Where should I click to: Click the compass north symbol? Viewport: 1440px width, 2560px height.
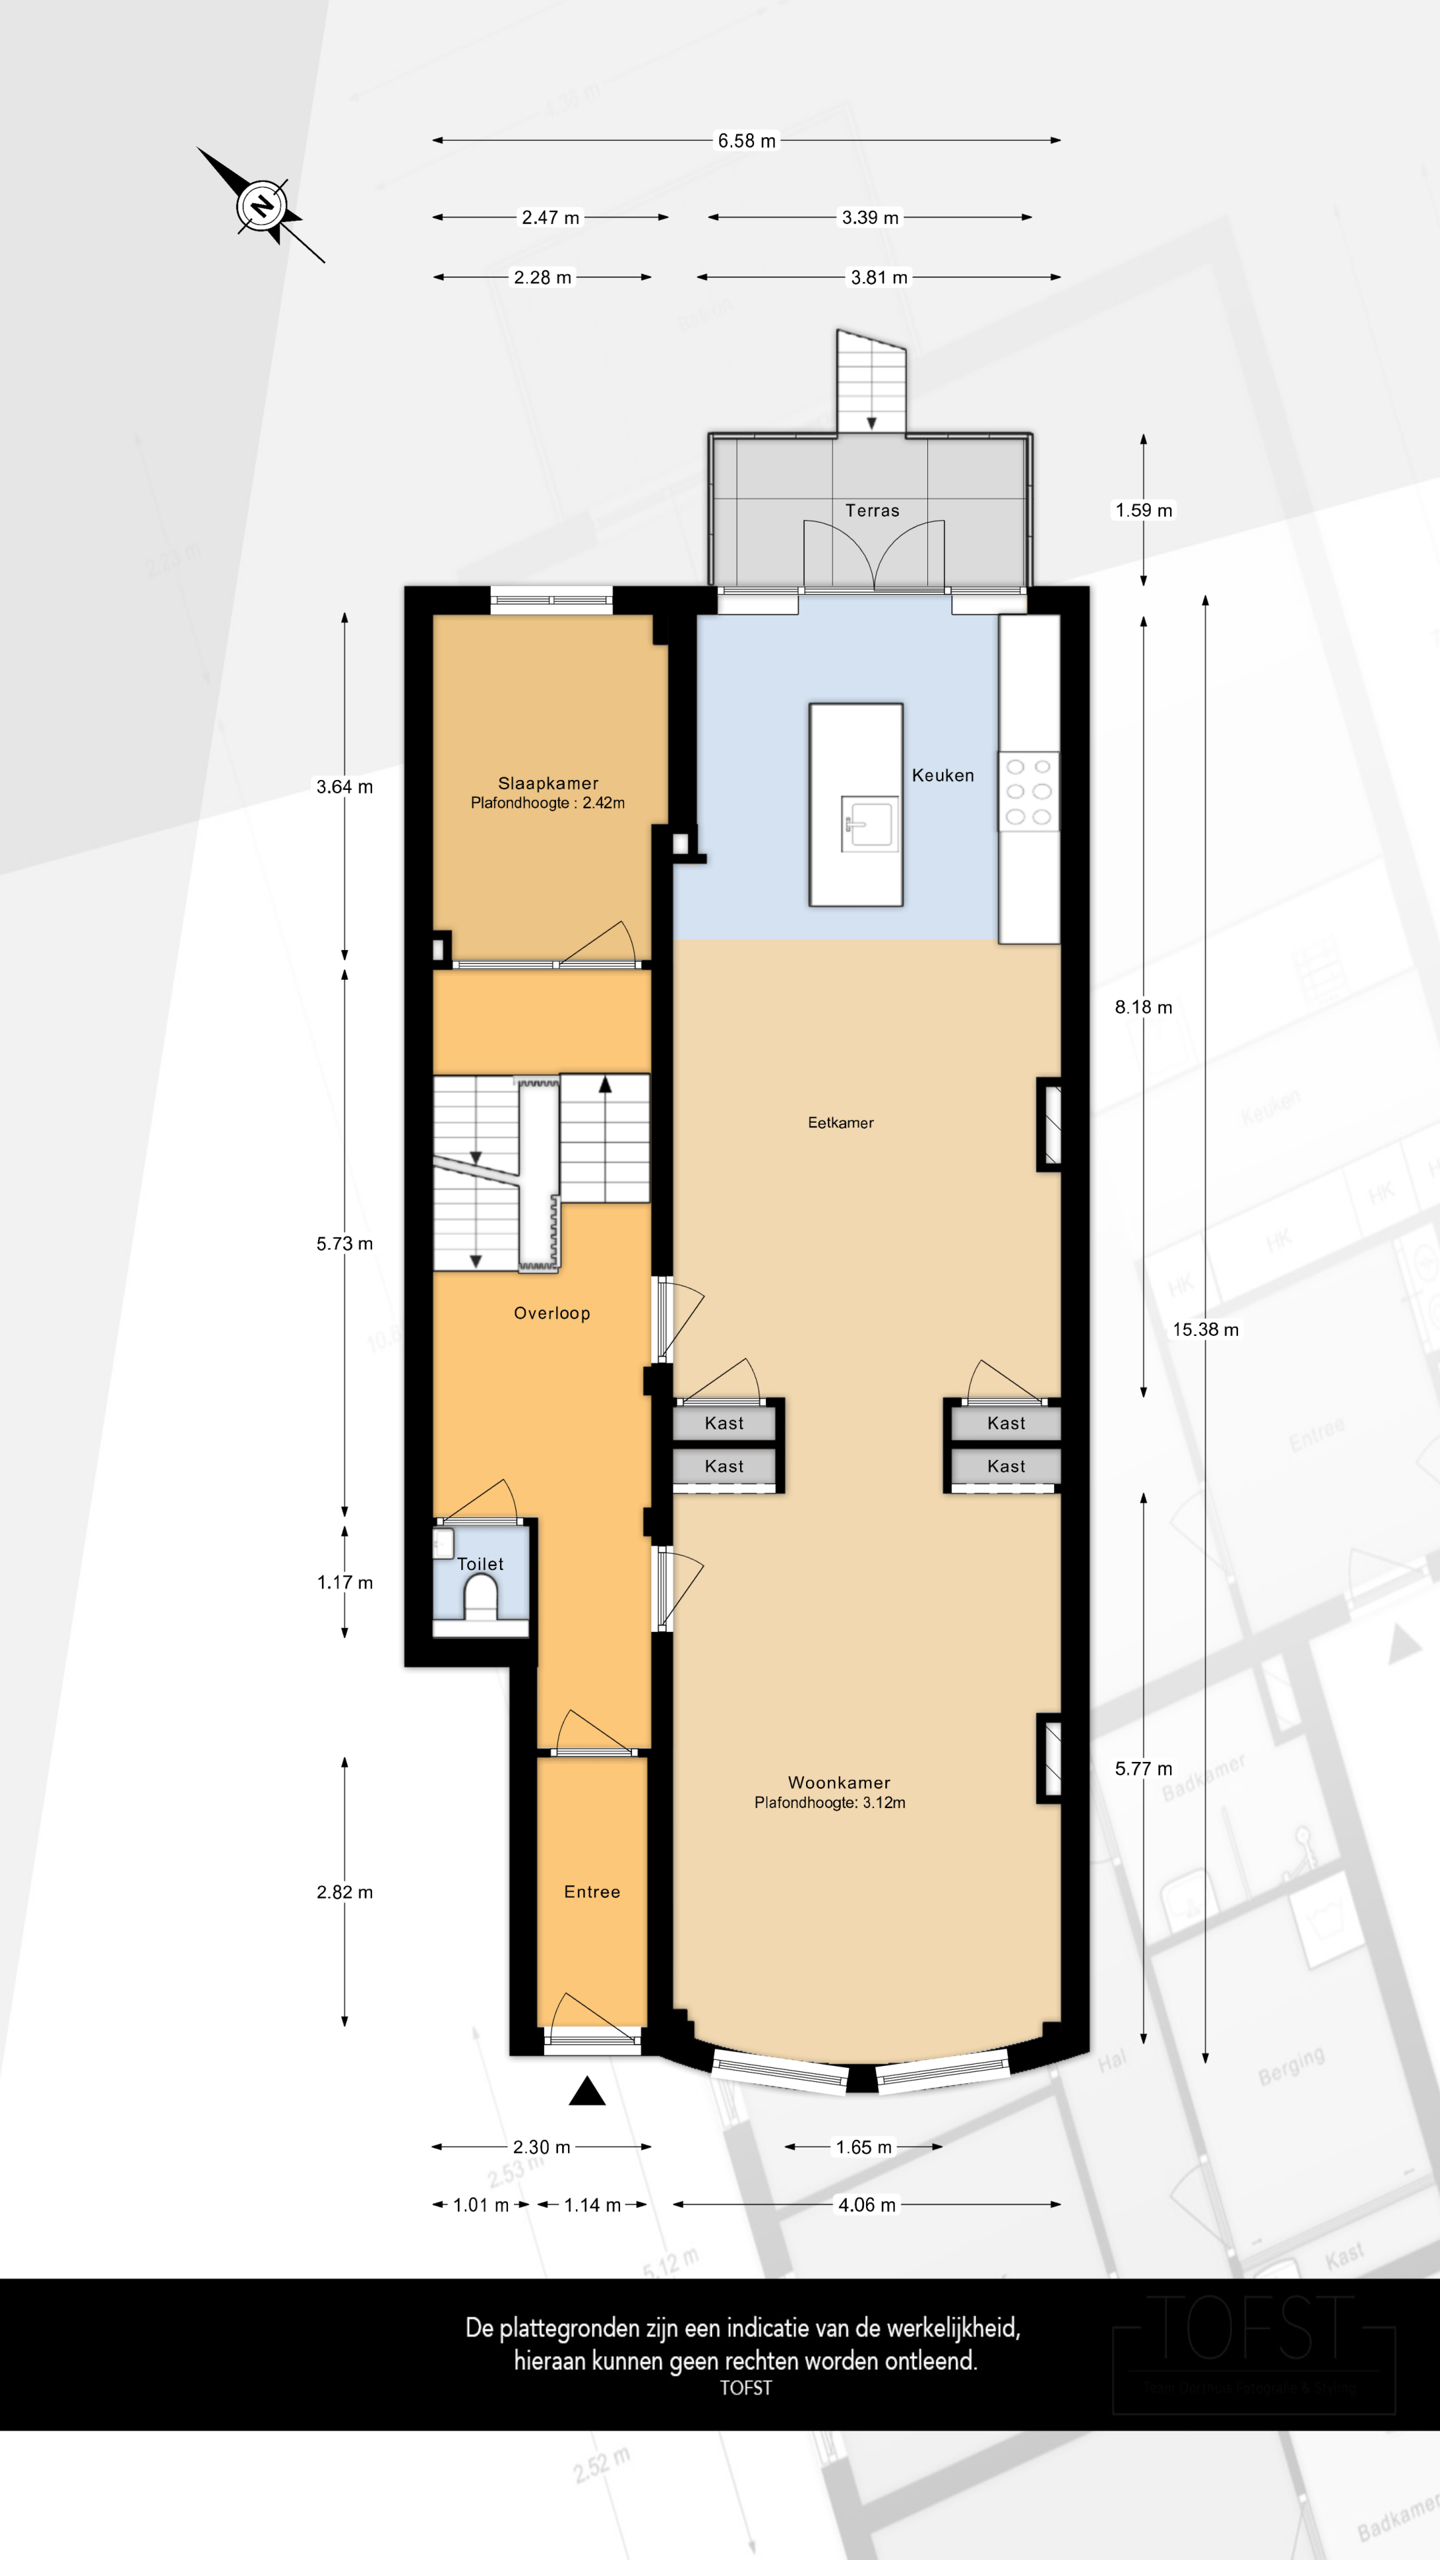click(x=262, y=207)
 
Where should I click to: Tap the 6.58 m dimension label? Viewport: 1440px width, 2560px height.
click(x=746, y=141)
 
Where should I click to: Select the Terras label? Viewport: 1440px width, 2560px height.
click(x=872, y=511)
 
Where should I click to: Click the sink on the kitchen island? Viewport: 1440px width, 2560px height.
click(x=868, y=823)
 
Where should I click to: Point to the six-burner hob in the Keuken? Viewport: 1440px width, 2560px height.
click(x=1029, y=792)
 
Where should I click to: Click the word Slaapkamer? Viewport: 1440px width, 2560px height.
click(x=548, y=783)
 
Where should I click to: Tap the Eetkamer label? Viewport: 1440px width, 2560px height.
click(x=840, y=1123)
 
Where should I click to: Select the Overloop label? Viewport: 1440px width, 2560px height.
click(x=552, y=1313)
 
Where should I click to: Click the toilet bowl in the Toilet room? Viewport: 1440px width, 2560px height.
click(x=481, y=1597)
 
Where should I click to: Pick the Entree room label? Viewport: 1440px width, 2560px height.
click(x=592, y=1892)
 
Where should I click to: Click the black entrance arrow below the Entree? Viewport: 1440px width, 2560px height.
click(x=587, y=2092)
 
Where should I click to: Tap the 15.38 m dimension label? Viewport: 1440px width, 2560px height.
click(x=1205, y=1329)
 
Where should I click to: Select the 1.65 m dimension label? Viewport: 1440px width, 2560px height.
click(x=863, y=2147)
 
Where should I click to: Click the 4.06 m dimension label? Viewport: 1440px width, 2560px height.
click(x=866, y=2205)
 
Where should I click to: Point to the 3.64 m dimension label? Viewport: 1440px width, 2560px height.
click(x=344, y=787)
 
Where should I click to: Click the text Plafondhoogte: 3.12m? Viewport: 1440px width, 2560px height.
click(x=830, y=1803)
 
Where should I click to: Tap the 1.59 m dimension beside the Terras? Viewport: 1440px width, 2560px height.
click(x=1144, y=510)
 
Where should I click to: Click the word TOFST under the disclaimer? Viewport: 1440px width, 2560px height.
click(x=746, y=2388)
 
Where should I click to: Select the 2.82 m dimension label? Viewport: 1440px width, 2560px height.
click(x=344, y=1892)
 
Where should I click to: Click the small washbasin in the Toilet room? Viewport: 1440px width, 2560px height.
click(x=443, y=1543)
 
